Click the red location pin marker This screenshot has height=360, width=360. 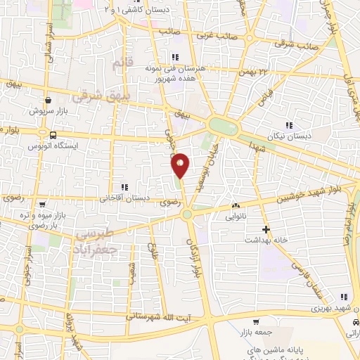point(181,165)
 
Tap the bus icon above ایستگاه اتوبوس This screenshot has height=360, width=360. point(53,134)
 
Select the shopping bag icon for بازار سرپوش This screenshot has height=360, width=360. point(47,100)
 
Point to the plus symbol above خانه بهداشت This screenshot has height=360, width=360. point(266,229)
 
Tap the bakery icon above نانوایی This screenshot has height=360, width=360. point(235,206)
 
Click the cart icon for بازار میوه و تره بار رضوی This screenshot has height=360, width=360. point(41,204)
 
